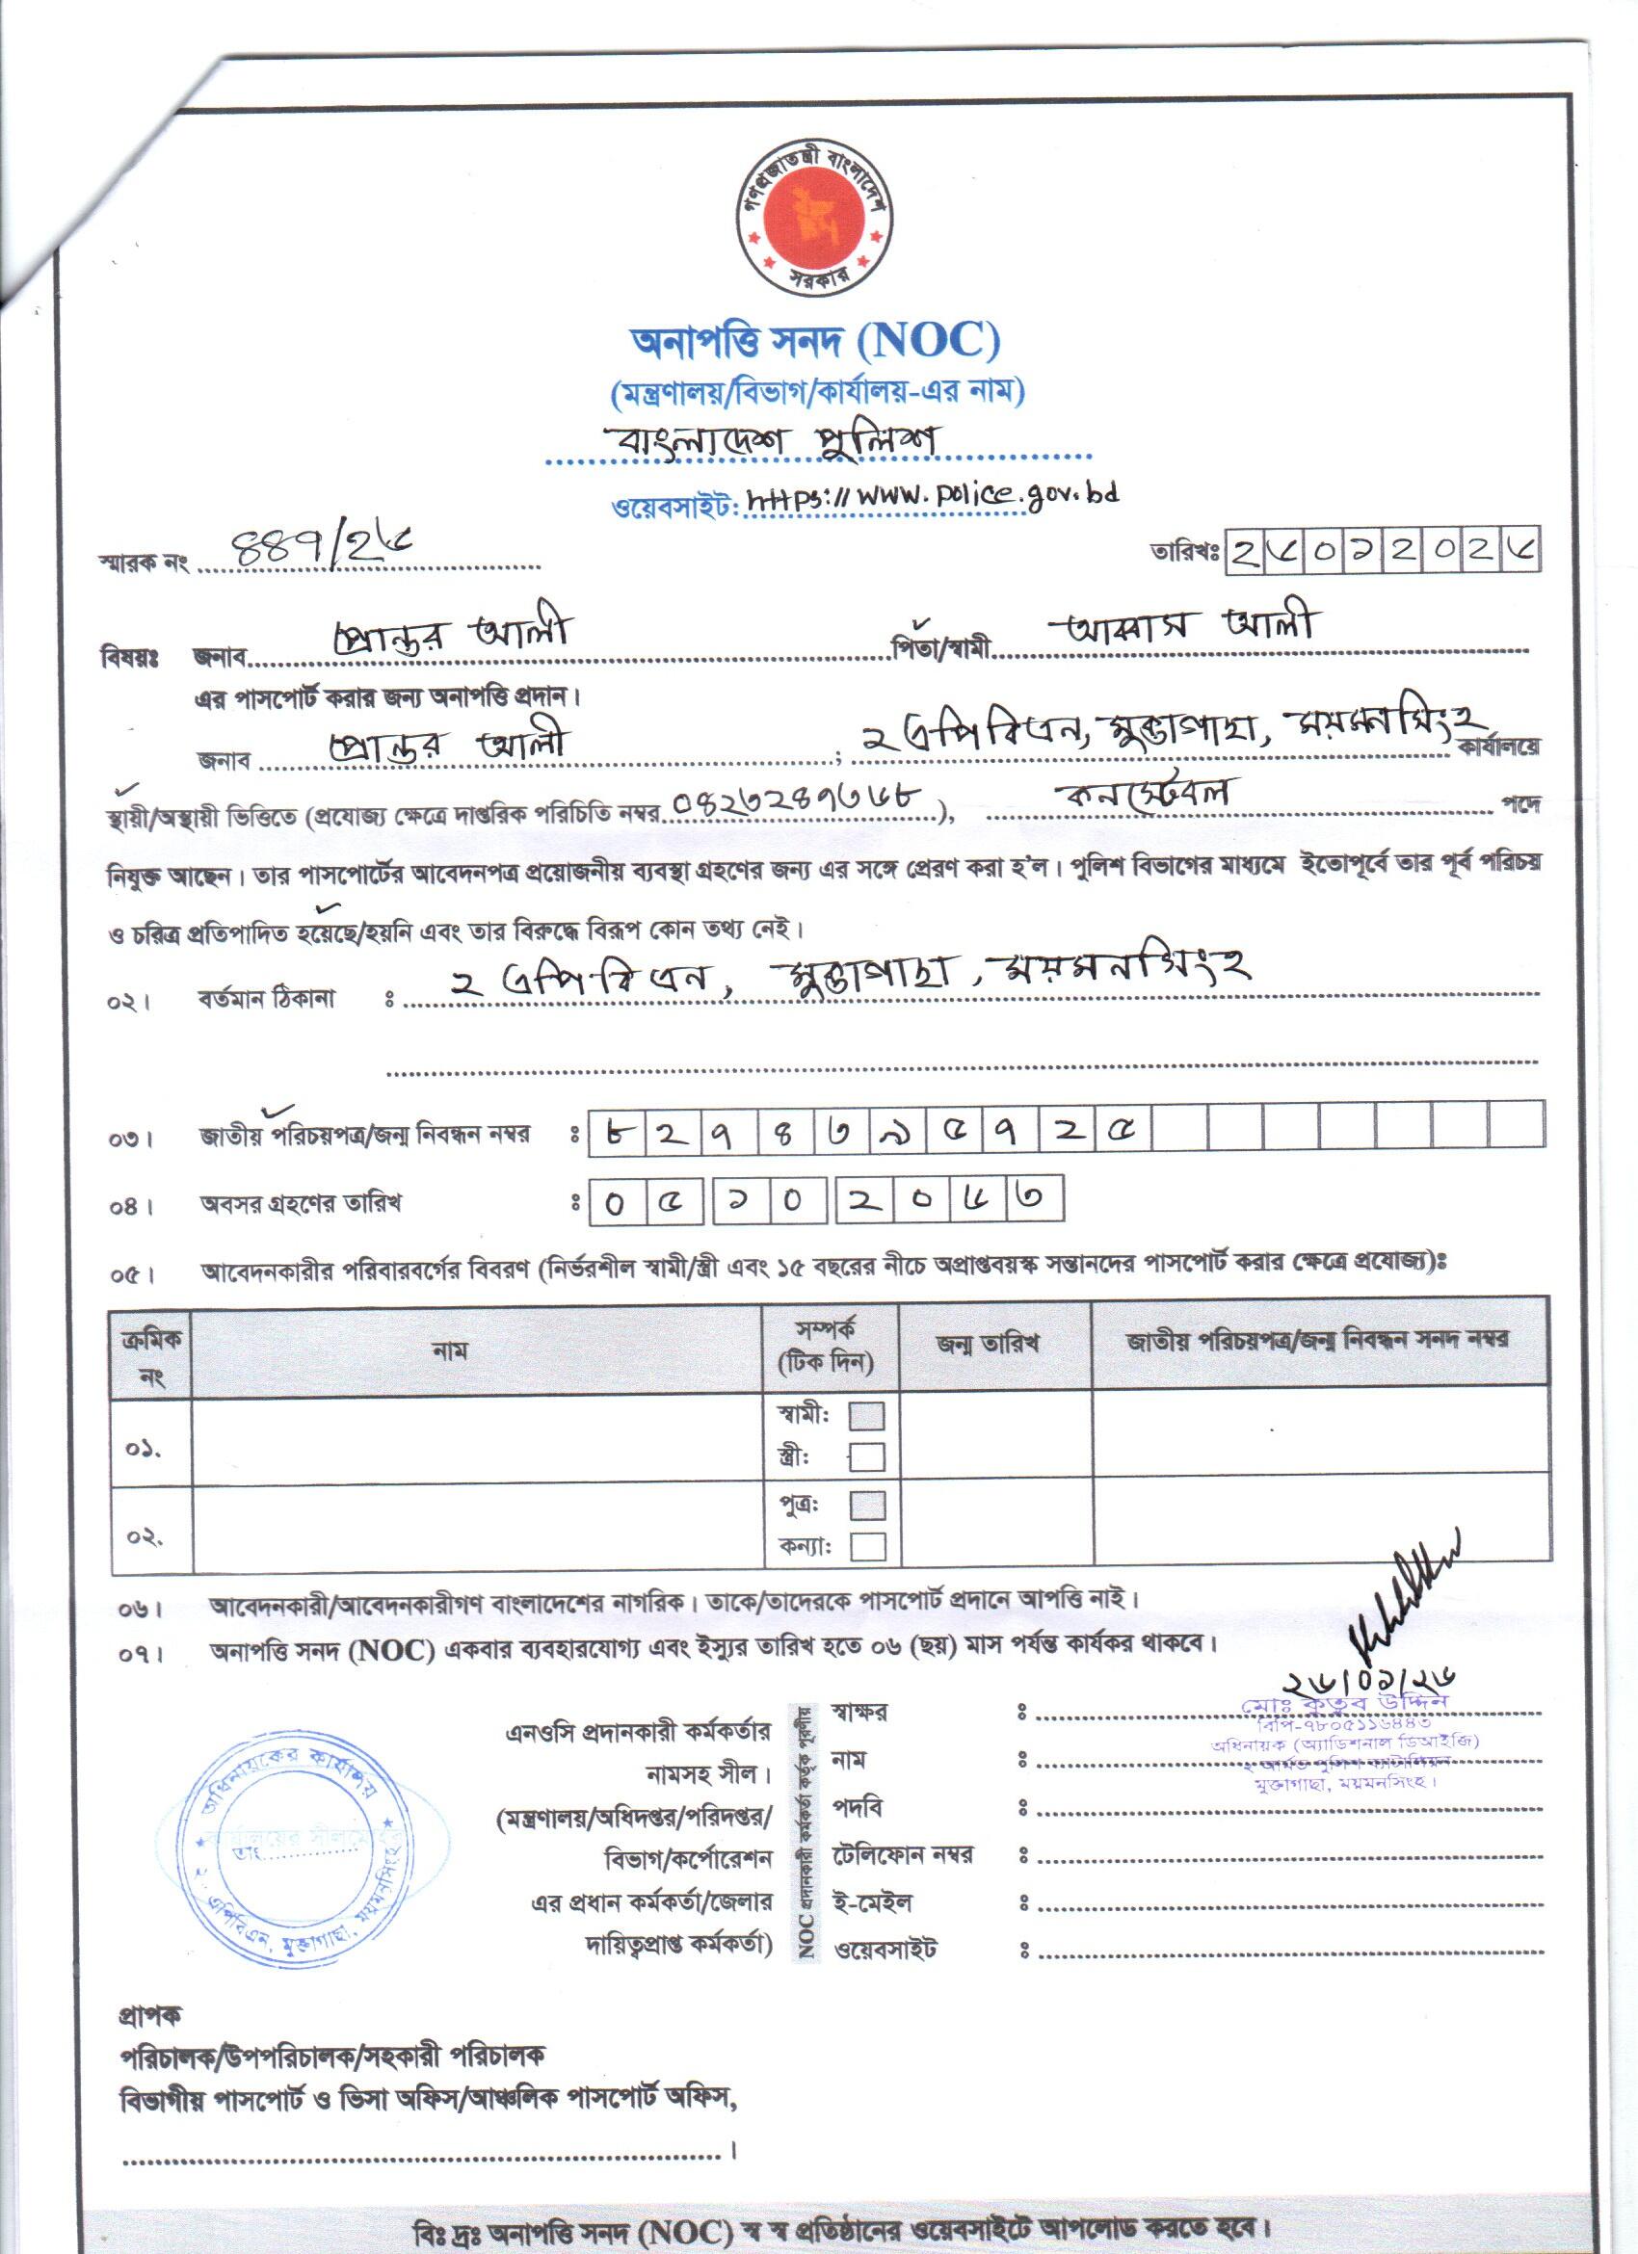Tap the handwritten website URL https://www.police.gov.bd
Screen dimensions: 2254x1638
932,497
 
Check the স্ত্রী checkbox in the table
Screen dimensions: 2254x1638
867,1457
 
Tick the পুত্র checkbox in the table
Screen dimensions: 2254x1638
867,1504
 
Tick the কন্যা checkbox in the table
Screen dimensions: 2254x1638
867,1546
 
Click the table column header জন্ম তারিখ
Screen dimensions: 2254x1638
987,1344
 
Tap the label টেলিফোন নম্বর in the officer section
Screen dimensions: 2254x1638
903,1855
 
